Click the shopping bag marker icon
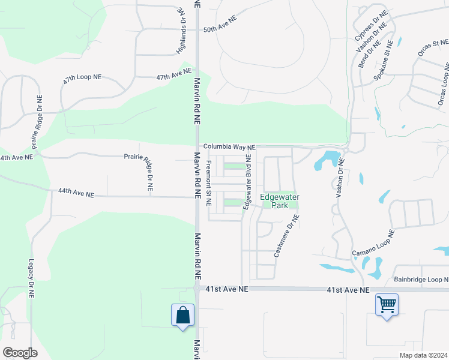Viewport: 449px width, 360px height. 182,315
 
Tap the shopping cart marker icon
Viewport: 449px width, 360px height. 387,305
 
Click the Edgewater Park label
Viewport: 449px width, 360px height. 280,201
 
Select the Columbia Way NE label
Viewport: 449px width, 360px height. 229,146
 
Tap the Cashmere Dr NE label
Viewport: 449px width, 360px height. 286,236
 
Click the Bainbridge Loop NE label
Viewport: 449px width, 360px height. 421,280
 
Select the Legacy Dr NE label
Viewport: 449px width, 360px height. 32,280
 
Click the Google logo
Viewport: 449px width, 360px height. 20,353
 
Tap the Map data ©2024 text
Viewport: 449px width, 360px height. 423,355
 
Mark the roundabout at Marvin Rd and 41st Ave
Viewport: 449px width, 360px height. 197,289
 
